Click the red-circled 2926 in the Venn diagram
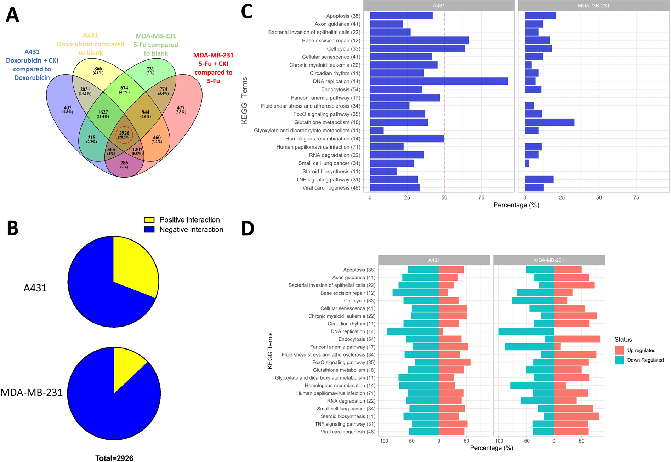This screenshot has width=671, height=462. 124,135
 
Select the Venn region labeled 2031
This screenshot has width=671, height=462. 85,91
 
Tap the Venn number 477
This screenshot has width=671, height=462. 181,109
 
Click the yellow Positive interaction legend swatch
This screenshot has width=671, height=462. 149,220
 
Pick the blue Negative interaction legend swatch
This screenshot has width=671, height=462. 149,230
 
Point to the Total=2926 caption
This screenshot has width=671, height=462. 114,458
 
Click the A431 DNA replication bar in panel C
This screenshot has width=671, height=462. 439,81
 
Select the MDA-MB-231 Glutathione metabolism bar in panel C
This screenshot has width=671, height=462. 549,122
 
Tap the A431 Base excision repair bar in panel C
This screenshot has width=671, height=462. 419,40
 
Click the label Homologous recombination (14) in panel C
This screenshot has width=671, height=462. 323,139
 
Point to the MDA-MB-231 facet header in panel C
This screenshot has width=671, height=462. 593,6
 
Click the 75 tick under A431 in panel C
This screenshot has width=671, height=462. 481,198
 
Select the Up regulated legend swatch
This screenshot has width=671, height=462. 619,350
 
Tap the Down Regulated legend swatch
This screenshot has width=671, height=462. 619,360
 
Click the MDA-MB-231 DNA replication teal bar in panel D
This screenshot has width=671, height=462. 526,331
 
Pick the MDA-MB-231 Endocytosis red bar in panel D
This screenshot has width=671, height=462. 577,339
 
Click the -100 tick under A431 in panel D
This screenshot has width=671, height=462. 383,441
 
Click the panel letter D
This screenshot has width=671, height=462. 248,228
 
